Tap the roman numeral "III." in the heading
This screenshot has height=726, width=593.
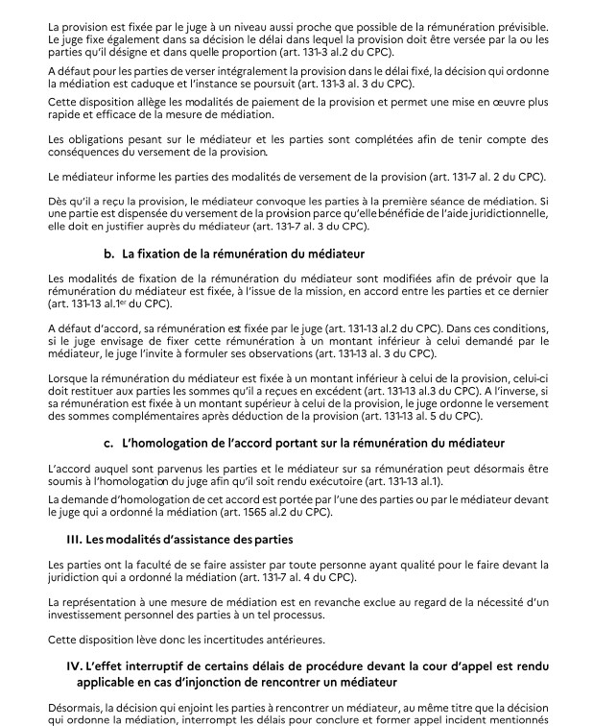pyautogui.click(x=77, y=540)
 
